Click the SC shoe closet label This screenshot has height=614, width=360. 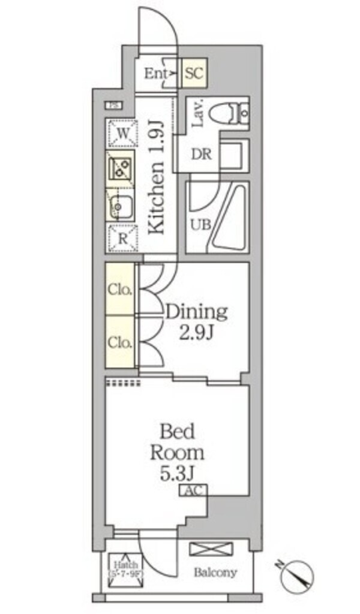coord(193,74)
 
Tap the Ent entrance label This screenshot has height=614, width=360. coord(157,74)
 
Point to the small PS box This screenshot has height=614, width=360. coord(113,106)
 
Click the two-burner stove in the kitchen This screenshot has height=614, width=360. coord(121,168)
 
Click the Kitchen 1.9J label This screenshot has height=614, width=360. coord(156,177)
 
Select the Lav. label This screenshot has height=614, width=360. coord(198,112)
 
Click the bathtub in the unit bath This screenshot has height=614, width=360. coord(228,219)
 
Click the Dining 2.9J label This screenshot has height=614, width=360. coord(197,321)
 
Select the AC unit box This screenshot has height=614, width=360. coord(193,490)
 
